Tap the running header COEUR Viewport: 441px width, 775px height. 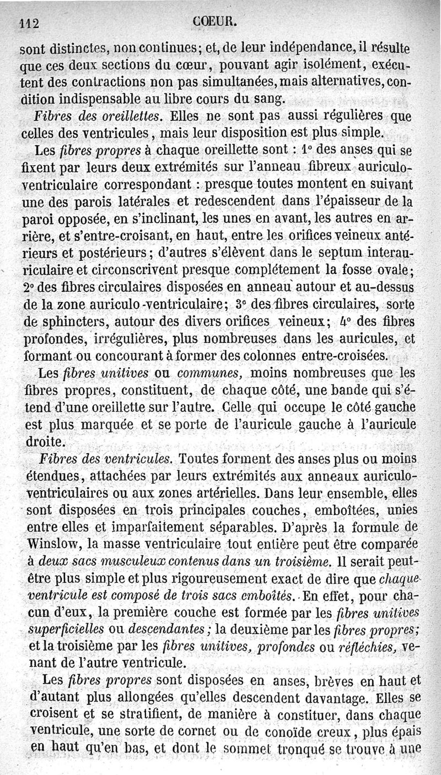pos(216,22)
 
